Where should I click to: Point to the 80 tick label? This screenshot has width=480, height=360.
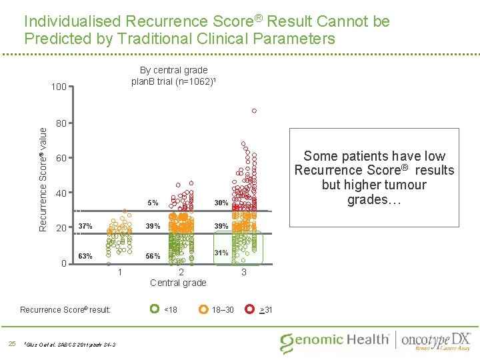tap(60, 123)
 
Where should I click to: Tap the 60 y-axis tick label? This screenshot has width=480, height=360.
tap(60, 159)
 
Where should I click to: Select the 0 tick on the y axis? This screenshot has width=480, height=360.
tap(63, 263)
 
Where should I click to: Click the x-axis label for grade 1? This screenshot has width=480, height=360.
tap(119, 272)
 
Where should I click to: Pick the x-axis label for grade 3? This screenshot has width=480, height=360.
tap(244, 272)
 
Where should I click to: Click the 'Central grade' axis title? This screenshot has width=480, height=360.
tap(178, 283)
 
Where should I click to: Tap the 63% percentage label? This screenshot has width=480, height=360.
tap(85, 256)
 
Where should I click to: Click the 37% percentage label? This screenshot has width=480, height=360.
tap(85, 226)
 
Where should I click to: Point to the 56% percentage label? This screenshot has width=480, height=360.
tap(153, 256)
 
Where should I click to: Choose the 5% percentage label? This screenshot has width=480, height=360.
tap(153, 203)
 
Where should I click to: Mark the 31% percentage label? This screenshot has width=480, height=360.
tap(221, 253)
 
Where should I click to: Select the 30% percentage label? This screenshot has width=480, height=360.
tap(221, 203)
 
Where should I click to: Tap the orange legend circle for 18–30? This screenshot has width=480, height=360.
tap(202, 309)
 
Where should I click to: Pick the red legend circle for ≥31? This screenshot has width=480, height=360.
tap(249, 309)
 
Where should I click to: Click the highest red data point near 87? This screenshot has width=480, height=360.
tap(254, 111)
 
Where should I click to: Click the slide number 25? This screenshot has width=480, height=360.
tap(11, 343)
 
